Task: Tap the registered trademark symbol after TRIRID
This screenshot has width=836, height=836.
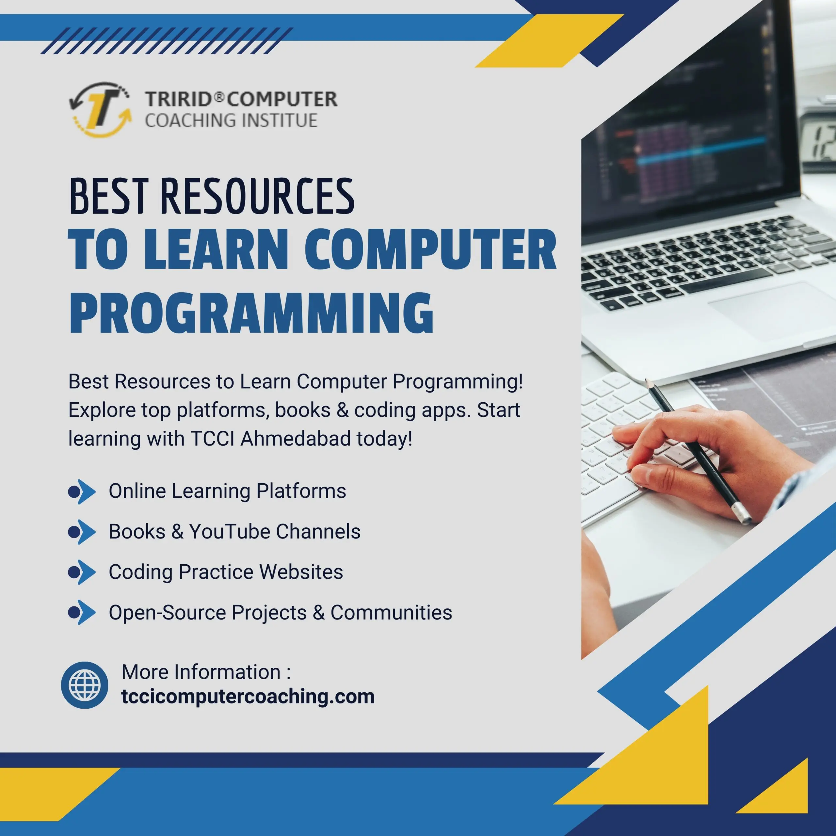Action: (219, 97)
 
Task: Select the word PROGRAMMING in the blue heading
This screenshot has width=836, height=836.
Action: (251, 313)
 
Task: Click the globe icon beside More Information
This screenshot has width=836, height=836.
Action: (85, 685)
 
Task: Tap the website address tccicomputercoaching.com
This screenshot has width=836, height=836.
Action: (248, 697)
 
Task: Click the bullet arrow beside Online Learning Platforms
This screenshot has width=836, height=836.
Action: (82, 491)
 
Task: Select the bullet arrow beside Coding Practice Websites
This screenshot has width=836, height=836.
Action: (82, 572)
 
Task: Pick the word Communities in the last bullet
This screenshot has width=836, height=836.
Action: (391, 612)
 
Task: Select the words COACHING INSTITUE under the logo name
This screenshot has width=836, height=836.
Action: (231, 120)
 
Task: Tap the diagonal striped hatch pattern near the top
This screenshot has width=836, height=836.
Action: (167, 41)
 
